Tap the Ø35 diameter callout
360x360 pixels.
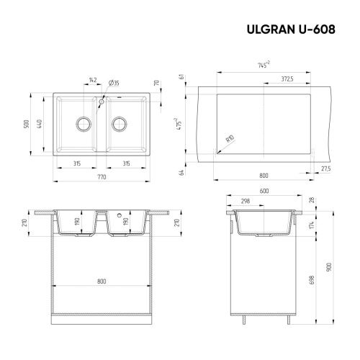click(115, 81)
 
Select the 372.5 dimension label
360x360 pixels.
click(287, 81)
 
